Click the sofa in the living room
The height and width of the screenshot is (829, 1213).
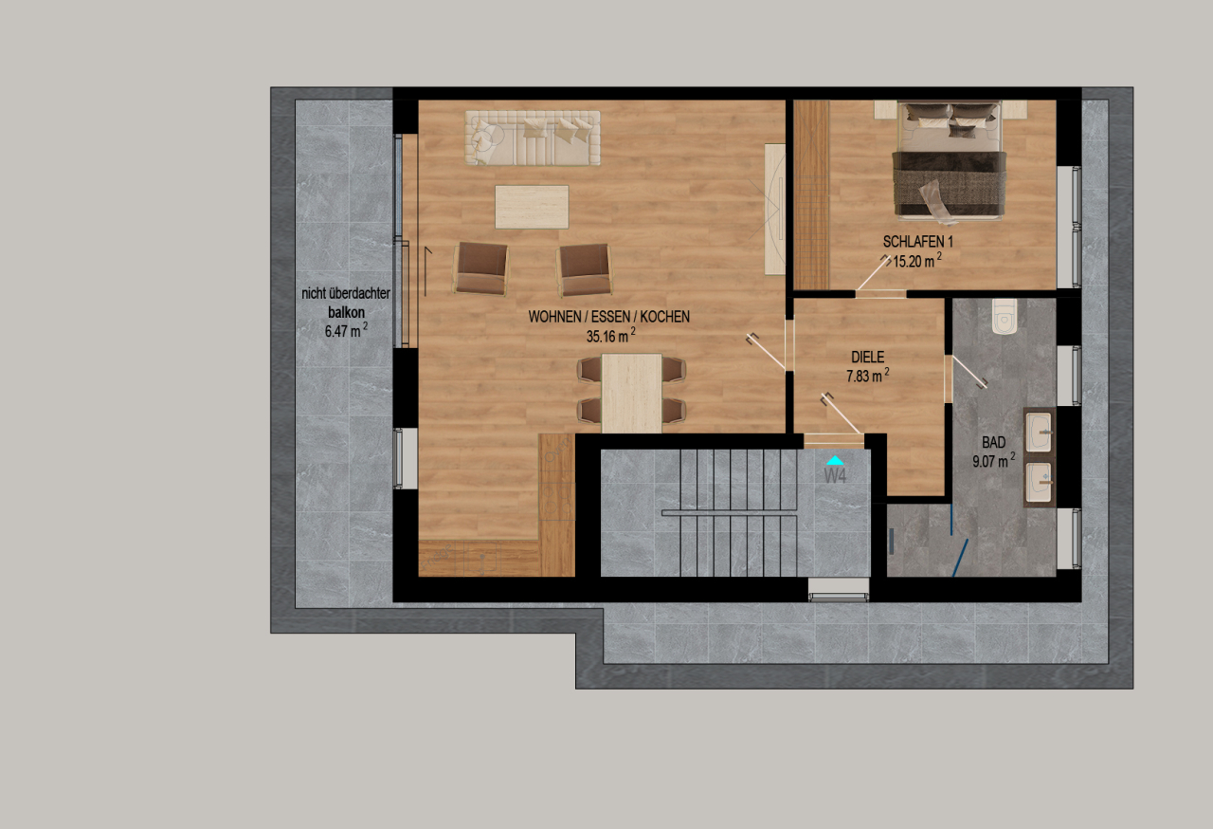(532, 138)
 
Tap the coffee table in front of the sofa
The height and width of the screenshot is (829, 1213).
(532, 206)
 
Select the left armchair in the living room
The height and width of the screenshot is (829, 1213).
(480, 268)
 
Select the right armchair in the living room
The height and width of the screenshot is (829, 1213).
(584, 268)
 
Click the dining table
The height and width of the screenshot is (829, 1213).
(631, 392)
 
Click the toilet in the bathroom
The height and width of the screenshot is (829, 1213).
(1004, 316)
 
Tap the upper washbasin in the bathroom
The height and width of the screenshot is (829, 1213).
(1041, 431)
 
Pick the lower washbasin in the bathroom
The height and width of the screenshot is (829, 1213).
(1041, 481)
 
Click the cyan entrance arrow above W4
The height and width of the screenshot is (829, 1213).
(835, 460)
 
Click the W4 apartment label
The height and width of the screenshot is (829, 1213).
(835, 475)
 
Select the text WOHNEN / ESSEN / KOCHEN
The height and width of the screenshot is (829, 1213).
(609, 317)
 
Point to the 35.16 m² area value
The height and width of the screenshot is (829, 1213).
(610, 334)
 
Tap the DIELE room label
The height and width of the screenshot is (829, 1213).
(867, 358)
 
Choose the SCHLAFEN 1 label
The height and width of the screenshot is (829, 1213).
(917, 242)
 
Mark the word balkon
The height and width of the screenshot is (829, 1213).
(346, 311)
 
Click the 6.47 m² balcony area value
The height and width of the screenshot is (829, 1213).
(345, 331)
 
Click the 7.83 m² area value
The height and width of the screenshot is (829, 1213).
(867, 375)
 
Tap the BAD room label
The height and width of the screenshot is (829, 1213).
(993, 443)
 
